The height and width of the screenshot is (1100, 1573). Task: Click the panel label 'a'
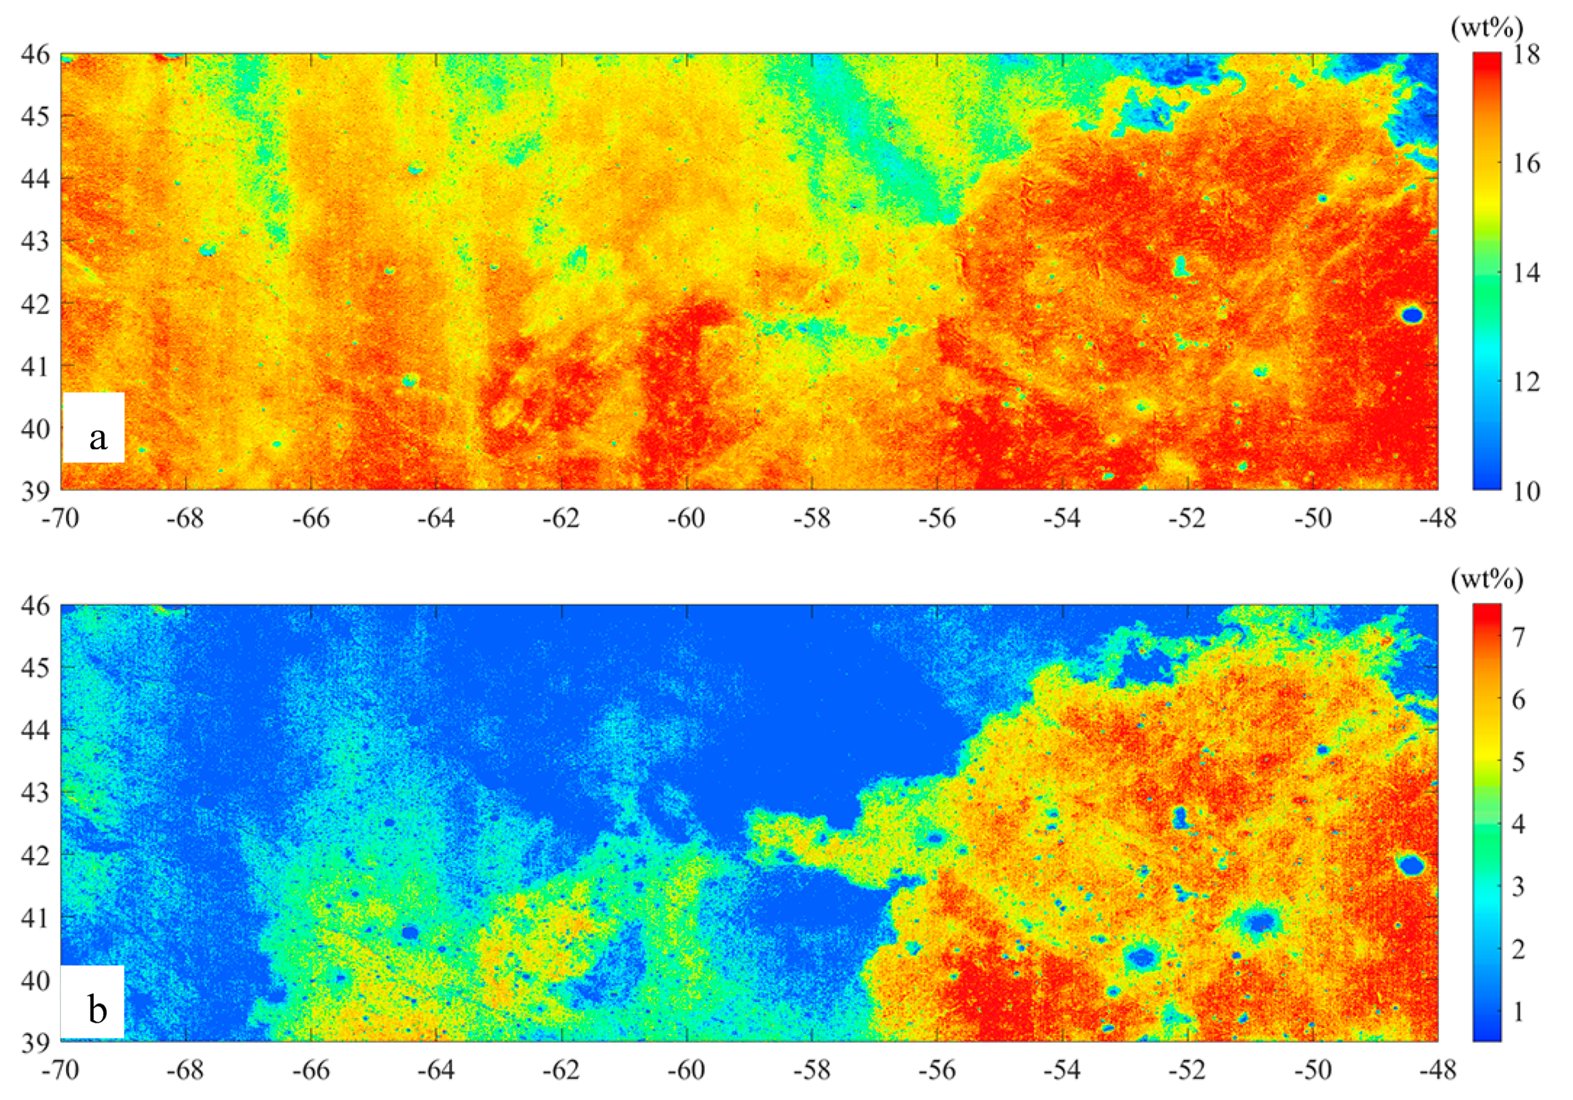point(98,437)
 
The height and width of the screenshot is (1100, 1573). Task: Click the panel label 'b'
point(97,1009)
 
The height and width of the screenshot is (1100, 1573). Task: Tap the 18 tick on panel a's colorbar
point(1526,55)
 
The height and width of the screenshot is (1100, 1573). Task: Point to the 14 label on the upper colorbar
point(1526,273)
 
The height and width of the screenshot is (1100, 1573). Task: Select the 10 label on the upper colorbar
point(1526,490)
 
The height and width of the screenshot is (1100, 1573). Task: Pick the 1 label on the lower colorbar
point(1519,1011)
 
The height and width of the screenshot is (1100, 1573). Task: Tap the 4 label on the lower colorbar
point(1519,824)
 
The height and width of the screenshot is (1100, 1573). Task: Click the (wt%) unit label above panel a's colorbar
point(1487,28)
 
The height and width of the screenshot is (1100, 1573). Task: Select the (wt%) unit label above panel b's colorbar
point(1487,580)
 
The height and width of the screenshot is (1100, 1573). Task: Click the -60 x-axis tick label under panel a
point(687,519)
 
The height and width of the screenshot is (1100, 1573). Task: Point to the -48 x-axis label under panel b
point(1437,1070)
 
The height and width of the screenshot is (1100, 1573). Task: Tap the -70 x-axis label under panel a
point(60,519)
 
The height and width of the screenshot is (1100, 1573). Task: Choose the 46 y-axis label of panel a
point(34,54)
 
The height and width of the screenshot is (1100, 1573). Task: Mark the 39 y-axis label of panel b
point(34,1042)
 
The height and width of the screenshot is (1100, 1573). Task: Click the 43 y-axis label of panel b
point(34,793)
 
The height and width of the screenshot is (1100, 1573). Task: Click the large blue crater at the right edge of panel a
point(1412,315)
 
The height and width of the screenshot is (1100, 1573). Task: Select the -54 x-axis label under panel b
point(1062,1070)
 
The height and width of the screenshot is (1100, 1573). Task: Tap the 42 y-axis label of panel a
point(34,304)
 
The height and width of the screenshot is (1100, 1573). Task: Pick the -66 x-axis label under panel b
point(311,1070)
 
